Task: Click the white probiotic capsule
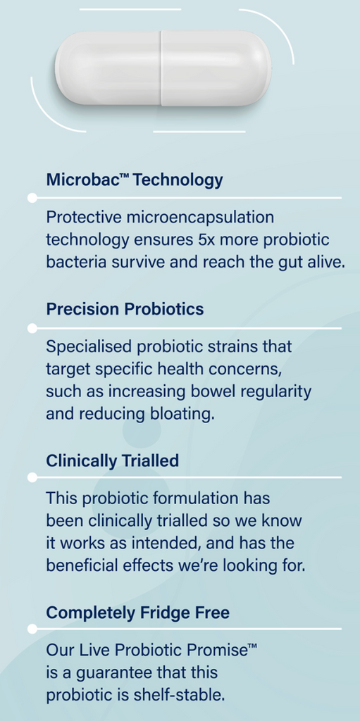163,68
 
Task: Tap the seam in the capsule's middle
161,68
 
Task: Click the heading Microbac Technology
135,180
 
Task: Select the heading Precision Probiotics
125,309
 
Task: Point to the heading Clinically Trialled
112,460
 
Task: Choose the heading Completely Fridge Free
137,613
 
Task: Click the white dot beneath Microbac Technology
32,198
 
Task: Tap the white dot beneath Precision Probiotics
32,328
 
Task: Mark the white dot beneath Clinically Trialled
32,477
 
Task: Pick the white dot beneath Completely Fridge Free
32,629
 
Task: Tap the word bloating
185,414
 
